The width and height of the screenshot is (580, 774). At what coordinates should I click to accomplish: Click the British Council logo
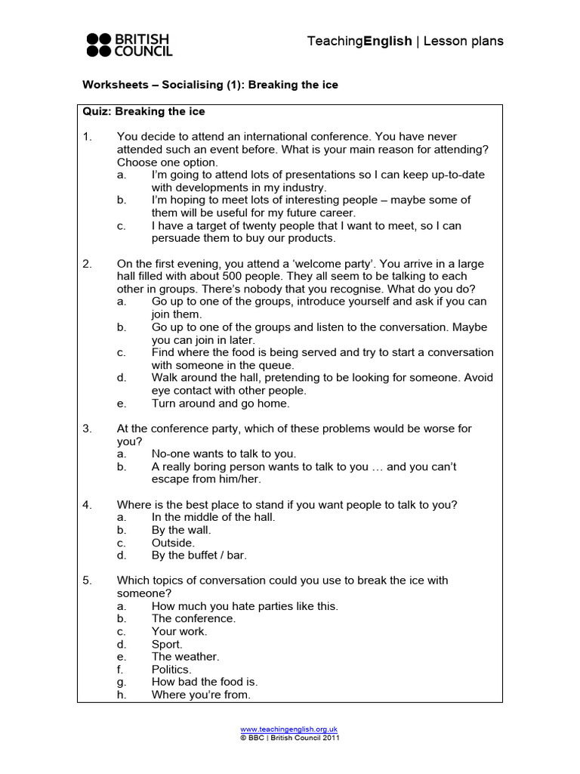[x=129, y=45]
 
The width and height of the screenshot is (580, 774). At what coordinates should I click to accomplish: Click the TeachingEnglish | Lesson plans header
[x=405, y=41]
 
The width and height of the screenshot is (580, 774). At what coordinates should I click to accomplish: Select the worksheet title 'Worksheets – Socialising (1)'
[x=210, y=85]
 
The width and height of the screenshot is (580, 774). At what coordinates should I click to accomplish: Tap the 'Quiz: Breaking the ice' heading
[x=143, y=111]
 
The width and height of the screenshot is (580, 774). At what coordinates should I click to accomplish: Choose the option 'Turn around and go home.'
[x=221, y=404]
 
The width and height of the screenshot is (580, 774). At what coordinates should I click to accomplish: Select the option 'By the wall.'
[x=181, y=530]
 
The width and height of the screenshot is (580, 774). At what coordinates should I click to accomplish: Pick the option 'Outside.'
[x=173, y=543]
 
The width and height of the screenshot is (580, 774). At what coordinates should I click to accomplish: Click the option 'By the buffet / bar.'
[x=199, y=556]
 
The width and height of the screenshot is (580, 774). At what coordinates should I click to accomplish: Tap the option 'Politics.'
[x=171, y=669]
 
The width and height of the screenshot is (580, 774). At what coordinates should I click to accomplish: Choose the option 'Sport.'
[x=167, y=644]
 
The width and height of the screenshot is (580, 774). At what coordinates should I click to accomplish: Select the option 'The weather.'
[x=185, y=657]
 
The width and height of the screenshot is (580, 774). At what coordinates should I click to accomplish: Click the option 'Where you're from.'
[x=201, y=695]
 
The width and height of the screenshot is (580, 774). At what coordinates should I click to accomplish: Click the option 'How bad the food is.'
[x=205, y=682]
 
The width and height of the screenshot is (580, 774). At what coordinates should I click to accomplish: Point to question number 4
[x=87, y=504]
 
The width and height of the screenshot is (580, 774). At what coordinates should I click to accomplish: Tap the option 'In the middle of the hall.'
[x=213, y=517]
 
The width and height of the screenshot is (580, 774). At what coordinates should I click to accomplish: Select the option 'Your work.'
[x=179, y=631]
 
